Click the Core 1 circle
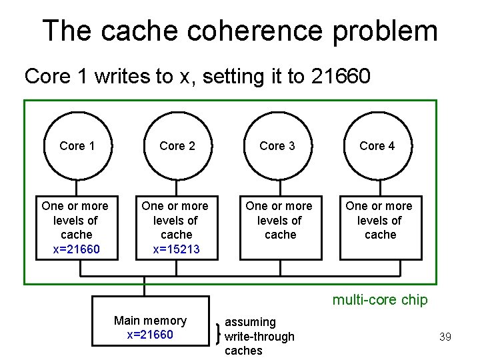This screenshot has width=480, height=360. point(77,146)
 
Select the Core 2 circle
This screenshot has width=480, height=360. point(177,146)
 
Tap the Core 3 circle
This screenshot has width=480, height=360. point(277,146)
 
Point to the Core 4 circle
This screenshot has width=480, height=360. point(377,146)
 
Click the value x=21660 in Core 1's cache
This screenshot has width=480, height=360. point(76,249)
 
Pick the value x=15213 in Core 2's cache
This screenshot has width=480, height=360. point(176,249)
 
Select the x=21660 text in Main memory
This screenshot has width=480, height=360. point(150,335)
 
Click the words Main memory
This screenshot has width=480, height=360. point(150,321)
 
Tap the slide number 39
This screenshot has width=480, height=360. point(445,337)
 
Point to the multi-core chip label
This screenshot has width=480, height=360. point(380,300)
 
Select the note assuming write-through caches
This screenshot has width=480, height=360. point(259,336)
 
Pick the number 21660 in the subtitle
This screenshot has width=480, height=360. point(340,77)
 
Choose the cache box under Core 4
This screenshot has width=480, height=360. point(380,227)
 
